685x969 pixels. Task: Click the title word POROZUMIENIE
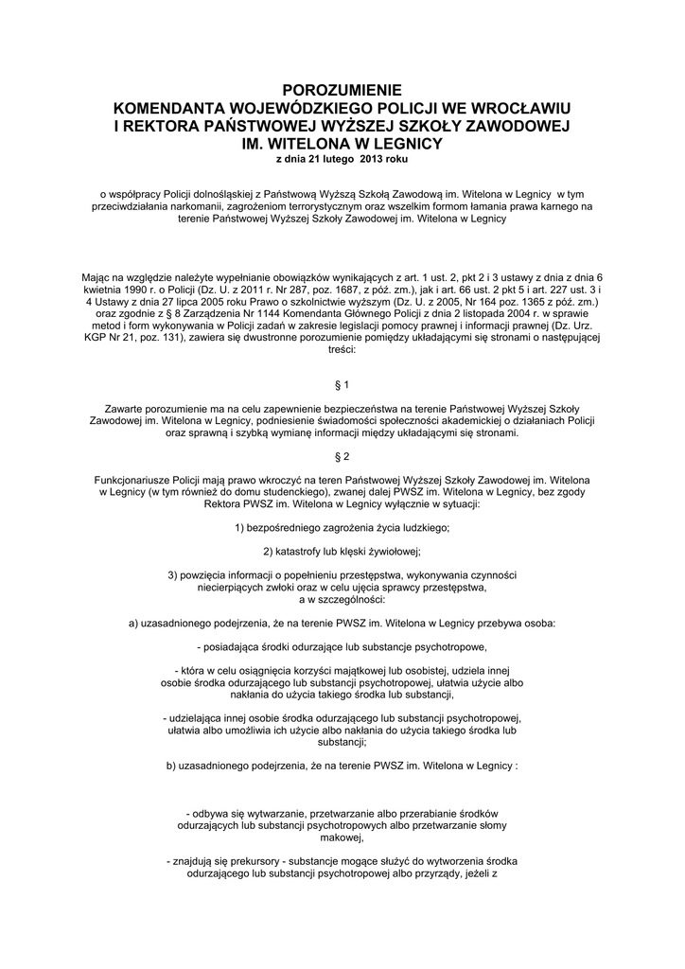point(342,89)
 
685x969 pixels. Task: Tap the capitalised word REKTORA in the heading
point(172,126)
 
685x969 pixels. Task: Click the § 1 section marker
point(342,385)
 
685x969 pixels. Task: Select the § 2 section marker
point(342,456)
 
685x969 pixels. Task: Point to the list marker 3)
point(172,575)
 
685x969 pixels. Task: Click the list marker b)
point(171,765)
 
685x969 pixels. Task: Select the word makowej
point(342,837)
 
